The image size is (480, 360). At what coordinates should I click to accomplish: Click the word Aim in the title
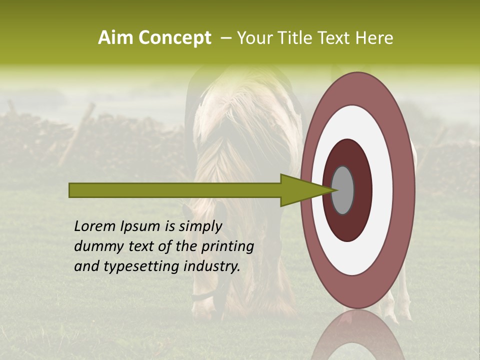(116, 38)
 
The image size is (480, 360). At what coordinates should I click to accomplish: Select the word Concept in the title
(174, 38)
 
